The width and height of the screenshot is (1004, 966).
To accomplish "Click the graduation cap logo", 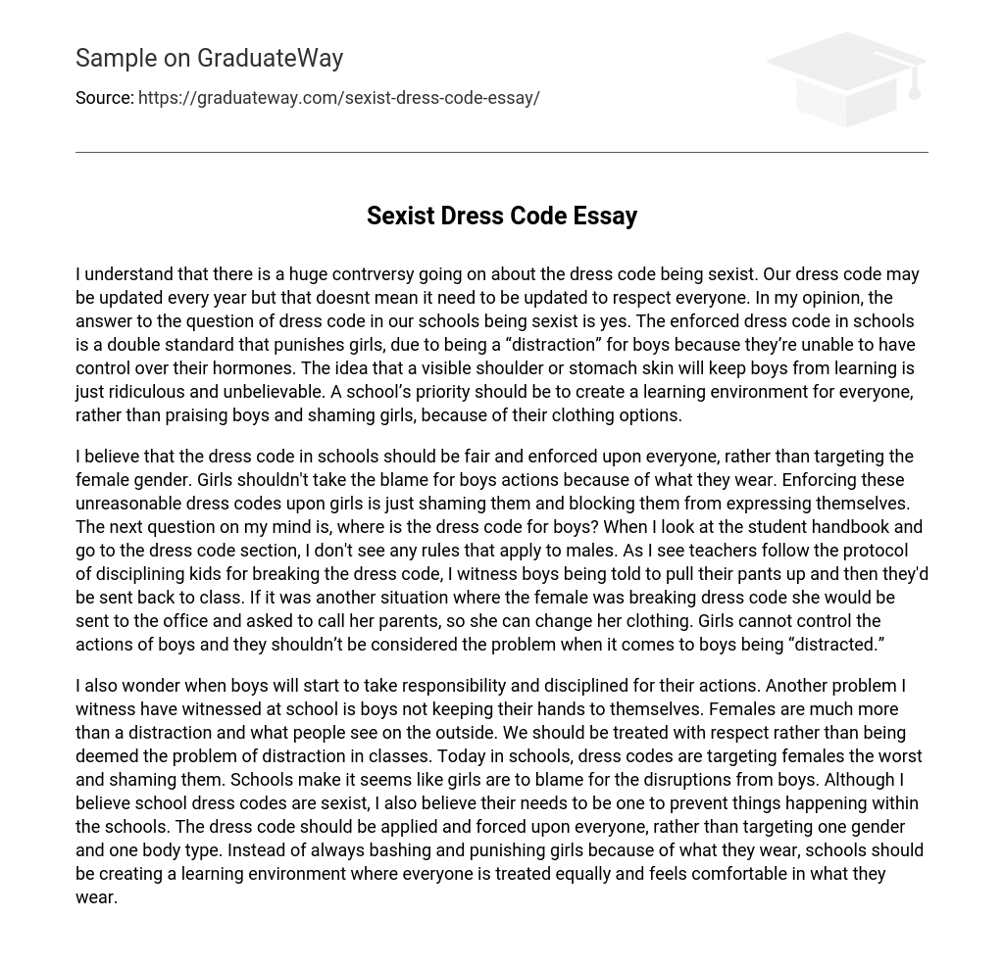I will point(845,78).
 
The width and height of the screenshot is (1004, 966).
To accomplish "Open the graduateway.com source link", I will point(339,98).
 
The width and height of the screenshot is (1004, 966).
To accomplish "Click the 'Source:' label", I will point(105,98).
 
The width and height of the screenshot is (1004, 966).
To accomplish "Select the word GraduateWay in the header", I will point(270,59).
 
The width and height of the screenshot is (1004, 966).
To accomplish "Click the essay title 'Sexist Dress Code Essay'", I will point(502,216).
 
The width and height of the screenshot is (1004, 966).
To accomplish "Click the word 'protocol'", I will point(869,551).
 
